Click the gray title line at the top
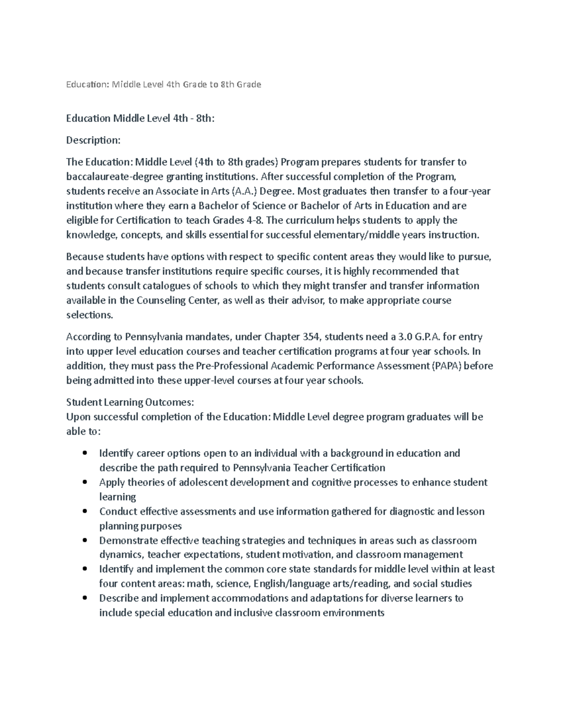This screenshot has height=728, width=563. pos(163,84)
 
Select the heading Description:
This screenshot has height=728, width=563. pos(93,140)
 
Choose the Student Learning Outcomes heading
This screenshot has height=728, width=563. pos(130,402)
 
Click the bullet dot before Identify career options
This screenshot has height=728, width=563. pos(84,453)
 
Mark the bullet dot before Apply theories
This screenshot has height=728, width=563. pos(84,482)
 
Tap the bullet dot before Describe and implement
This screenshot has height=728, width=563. pos(84,598)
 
